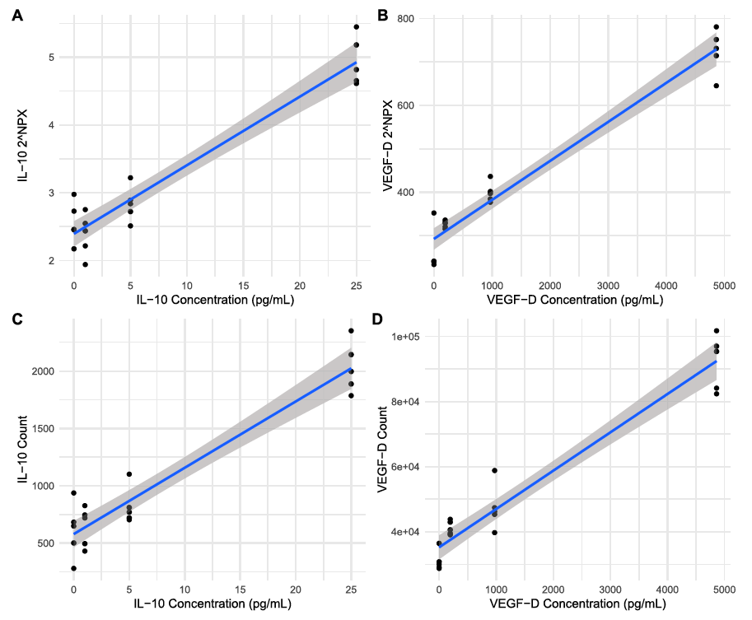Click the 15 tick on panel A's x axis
(243, 284)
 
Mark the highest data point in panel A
(356, 26)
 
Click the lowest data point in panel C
(73, 568)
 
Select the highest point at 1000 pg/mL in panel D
(495, 470)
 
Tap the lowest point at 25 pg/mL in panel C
(351, 395)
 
